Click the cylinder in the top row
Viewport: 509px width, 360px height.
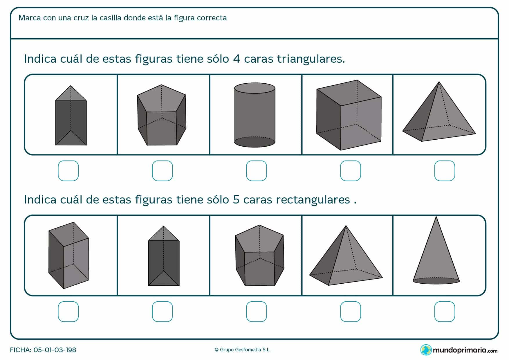(x=255, y=115)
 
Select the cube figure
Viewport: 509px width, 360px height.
(x=349, y=115)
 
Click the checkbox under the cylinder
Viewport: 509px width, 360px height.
(x=256, y=171)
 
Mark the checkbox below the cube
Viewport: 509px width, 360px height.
(x=350, y=171)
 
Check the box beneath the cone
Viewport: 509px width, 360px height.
(x=444, y=312)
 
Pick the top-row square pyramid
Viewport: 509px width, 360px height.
(x=438, y=116)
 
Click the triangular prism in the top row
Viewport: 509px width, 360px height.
(x=71, y=116)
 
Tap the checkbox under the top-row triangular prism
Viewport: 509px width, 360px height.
(x=68, y=171)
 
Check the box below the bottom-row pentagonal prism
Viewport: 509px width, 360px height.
(x=256, y=312)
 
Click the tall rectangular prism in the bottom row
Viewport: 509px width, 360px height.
(x=68, y=255)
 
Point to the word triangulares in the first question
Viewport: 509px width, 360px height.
(x=311, y=59)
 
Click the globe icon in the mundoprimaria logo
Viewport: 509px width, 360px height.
(x=426, y=350)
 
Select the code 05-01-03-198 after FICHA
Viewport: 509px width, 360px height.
(x=55, y=350)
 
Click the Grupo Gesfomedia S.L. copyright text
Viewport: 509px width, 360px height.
(x=243, y=350)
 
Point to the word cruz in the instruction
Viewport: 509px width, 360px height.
(x=80, y=18)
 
